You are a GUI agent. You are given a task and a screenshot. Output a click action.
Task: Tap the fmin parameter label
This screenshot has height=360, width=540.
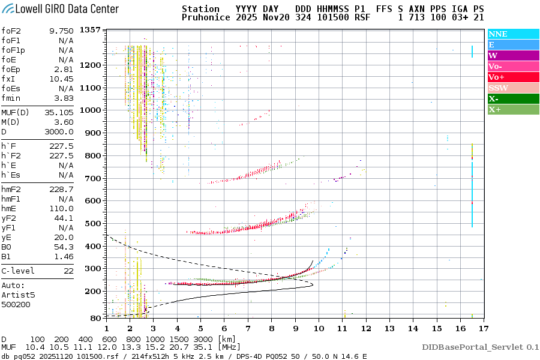point(12,98)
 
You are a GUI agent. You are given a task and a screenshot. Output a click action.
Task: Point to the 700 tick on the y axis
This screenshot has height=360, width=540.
point(92,178)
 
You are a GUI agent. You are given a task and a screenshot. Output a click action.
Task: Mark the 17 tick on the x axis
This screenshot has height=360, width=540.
point(482,328)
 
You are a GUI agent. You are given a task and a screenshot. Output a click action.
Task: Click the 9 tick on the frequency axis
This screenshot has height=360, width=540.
point(295,328)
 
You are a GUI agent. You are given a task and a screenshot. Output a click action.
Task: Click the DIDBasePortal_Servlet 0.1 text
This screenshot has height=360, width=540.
point(480,347)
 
